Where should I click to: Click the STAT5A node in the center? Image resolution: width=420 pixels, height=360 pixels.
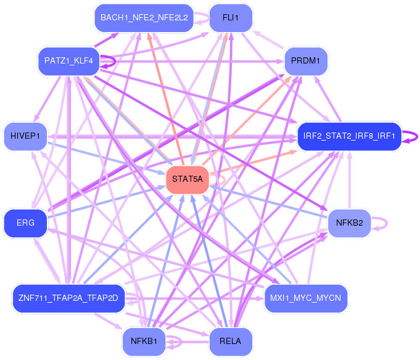tap(187, 179)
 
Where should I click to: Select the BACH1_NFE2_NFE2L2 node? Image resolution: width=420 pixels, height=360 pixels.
tap(144, 17)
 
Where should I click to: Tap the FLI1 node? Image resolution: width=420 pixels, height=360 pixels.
tap(231, 17)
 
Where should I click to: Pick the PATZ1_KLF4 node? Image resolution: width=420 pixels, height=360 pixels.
tap(68, 61)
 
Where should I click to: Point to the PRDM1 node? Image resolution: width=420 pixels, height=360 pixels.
tap(306, 61)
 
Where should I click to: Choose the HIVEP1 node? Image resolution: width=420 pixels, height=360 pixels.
tap(25, 136)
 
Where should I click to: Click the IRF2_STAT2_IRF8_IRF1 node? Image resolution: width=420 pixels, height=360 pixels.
tap(349, 136)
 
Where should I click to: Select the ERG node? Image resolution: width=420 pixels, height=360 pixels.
tap(25, 223)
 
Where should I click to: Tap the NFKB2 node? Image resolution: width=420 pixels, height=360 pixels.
tap(349, 223)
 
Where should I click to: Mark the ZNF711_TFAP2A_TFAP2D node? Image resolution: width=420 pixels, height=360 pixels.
tap(68, 298)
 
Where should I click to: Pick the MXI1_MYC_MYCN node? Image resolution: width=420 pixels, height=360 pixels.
tap(306, 298)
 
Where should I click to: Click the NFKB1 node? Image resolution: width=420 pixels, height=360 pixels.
tap(144, 341)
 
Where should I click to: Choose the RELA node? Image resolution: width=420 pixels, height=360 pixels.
tap(231, 341)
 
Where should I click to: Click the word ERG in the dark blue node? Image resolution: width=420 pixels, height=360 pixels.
tap(25, 223)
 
